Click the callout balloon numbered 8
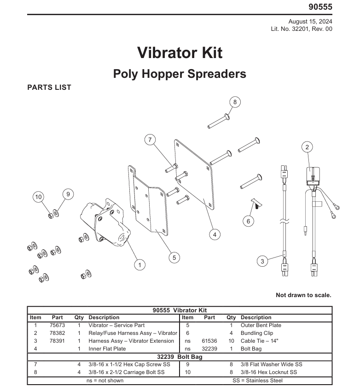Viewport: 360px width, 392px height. (235, 102)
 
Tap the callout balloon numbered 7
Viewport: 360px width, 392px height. (150, 140)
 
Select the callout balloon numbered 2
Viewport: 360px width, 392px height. (307, 147)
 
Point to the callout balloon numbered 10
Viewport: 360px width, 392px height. (38, 197)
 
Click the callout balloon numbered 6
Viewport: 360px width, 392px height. (248, 221)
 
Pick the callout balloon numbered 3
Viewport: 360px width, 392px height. (262, 261)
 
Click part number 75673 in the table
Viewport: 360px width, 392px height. (57, 325)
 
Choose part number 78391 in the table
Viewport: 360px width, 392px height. (57, 341)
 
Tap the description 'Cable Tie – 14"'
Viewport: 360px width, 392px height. (259, 341)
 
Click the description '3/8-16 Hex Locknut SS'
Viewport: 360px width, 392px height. (268, 372)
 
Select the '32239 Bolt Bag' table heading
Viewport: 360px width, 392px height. (180, 357)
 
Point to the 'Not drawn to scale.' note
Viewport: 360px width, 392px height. (303, 295)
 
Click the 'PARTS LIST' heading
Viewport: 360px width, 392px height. (49, 88)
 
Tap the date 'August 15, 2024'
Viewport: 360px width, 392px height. (310, 22)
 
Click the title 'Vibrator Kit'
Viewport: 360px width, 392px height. (180, 53)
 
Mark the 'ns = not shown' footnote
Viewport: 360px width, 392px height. (105, 380)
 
